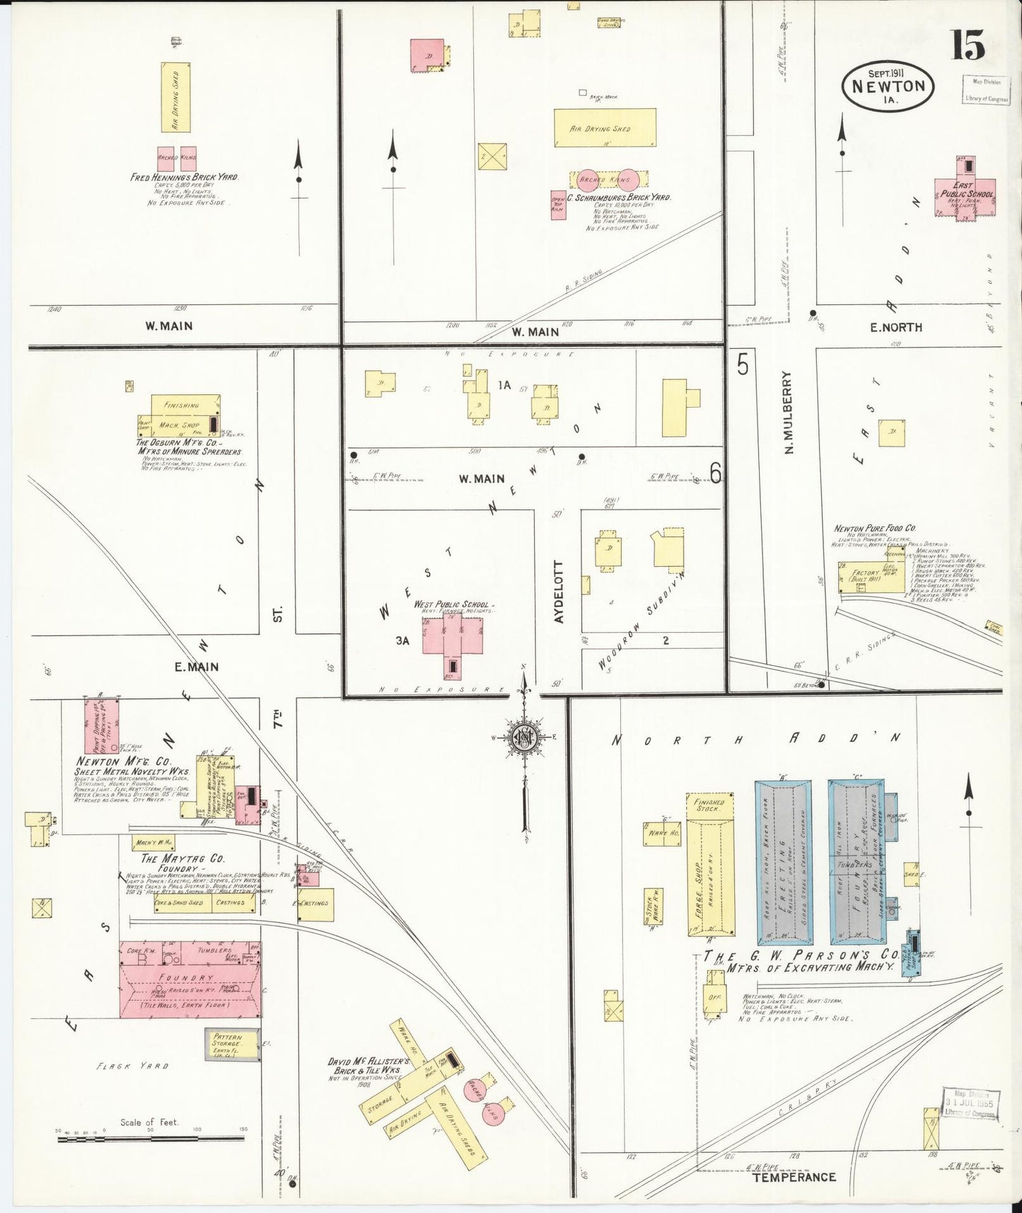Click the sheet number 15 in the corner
[968, 45]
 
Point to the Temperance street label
[794, 1178]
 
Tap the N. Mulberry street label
[789, 413]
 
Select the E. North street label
[895, 327]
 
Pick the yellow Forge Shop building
[710, 863]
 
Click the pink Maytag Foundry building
[190, 979]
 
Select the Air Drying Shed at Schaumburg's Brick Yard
[605, 128]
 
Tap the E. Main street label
[197, 666]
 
